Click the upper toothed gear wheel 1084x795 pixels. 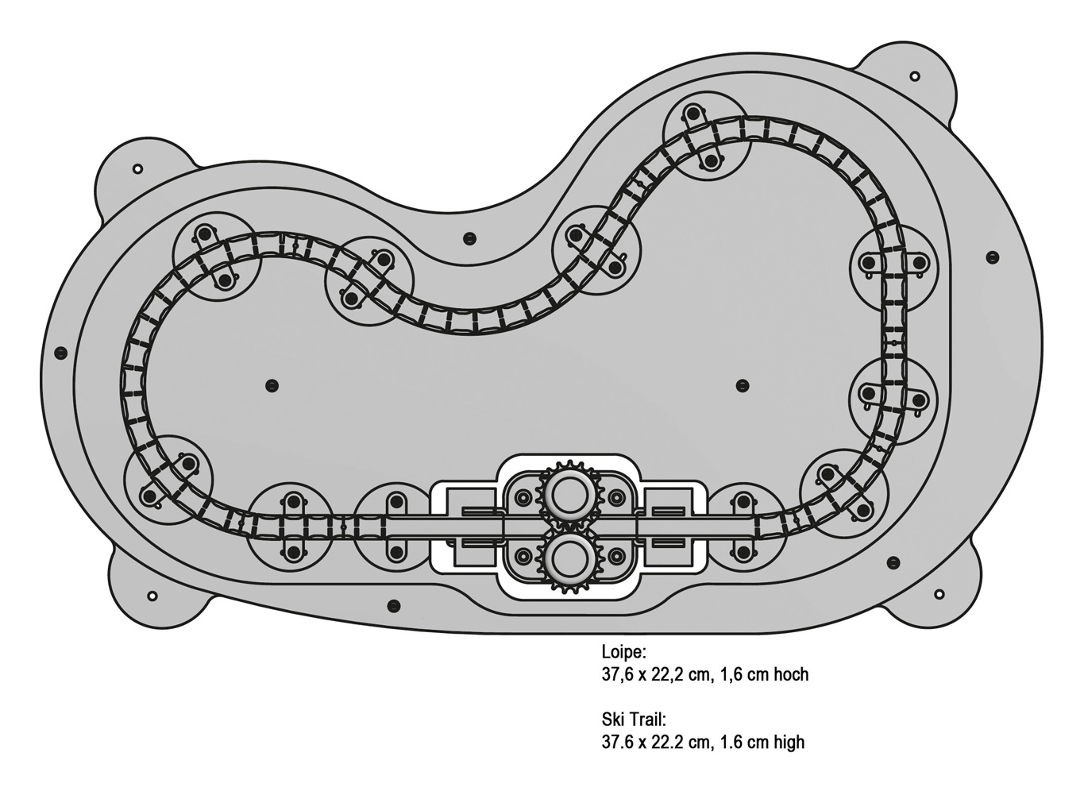click(x=567, y=494)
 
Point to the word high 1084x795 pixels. click(x=787, y=742)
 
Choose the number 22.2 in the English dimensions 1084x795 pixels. click(x=673, y=742)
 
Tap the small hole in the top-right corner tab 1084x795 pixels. click(x=914, y=76)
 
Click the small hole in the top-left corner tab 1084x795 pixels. click(x=137, y=168)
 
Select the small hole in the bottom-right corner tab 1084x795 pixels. click(x=939, y=594)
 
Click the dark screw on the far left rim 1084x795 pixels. click(x=60, y=352)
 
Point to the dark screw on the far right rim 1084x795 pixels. click(x=992, y=257)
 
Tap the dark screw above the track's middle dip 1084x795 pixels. click(x=469, y=237)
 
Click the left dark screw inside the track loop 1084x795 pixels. click(x=272, y=385)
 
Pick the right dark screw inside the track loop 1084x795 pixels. click(x=743, y=386)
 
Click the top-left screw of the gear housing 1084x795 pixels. click(x=522, y=497)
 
